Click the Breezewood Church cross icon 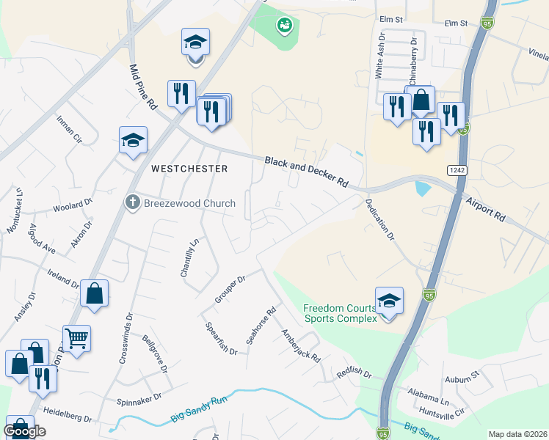[132, 203]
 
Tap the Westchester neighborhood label [189, 169]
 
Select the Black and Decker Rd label [306, 171]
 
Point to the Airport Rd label [485, 208]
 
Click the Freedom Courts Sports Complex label [341, 313]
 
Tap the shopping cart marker [76, 338]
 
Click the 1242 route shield [454, 170]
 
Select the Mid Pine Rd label [144, 87]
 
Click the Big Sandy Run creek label [199, 411]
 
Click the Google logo [24, 431]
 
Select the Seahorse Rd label [260, 326]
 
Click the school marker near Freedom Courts [389, 300]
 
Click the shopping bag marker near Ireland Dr [95, 293]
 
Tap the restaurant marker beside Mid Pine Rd [181, 93]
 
